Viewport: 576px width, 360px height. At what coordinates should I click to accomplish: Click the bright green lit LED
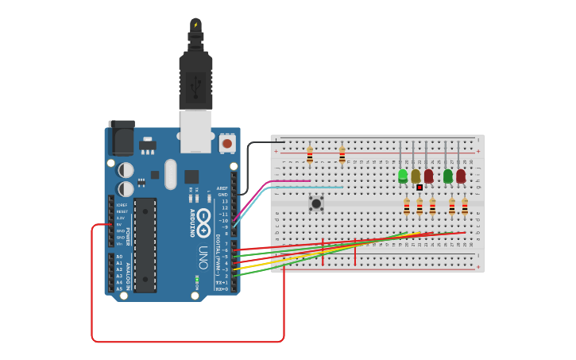(x=403, y=175)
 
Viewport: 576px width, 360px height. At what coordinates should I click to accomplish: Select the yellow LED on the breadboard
(x=416, y=175)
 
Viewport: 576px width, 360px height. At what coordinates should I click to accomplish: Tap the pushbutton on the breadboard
(x=316, y=203)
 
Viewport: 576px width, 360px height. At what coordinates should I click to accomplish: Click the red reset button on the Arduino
(x=227, y=144)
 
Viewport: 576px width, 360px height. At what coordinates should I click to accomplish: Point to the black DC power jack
(x=122, y=138)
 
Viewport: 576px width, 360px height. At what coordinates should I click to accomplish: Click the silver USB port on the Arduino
(x=195, y=130)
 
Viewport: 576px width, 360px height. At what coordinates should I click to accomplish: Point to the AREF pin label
(x=222, y=188)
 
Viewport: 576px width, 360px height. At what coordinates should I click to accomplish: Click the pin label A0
(x=119, y=257)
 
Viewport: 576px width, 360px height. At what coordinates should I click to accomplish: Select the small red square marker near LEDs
(x=419, y=188)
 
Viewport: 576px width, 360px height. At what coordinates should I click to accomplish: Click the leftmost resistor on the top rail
(x=309, y=155)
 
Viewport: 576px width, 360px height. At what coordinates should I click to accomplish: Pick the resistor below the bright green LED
(x=406, y=207)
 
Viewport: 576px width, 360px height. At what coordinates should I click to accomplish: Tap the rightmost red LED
(x=461, y=175)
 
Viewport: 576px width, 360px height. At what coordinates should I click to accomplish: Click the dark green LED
(x=448, y=175)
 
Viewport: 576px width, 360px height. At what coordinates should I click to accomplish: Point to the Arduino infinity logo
(x=203, y=219)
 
